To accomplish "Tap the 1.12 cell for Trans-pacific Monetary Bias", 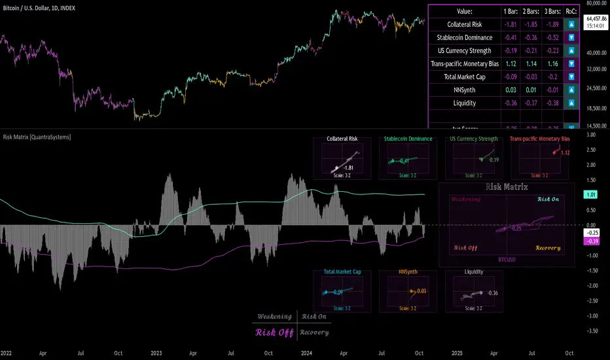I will point(510,63).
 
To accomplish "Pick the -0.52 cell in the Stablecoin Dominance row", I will point(551,37).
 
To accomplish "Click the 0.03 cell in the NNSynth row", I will point(510,90).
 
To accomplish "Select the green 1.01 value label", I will point(590,194).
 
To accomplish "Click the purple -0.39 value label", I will point(590,241).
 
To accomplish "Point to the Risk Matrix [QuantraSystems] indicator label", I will point(37,137).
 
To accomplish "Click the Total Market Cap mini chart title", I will point(342,271).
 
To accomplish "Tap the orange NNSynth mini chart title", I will point(407,271).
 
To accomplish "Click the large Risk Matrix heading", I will point(507,187).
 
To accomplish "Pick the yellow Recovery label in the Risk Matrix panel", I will point(548,247).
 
